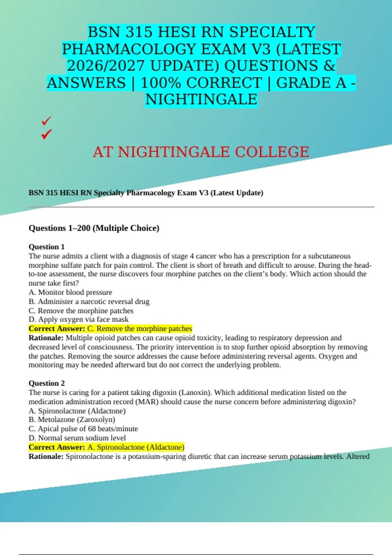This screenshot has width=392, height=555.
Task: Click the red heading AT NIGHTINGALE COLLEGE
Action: click(201, 152)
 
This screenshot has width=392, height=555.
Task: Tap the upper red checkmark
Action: click(46, 121)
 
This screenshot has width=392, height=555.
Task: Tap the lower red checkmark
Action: click(46, 134)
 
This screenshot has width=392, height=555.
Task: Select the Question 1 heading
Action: click(47, 247)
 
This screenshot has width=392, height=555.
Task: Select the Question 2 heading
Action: click(47, 383)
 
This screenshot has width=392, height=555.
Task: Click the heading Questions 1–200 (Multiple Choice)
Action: click(94, 228)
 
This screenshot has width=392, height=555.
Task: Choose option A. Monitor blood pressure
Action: click(70, 292)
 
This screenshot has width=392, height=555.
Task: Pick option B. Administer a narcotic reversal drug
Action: click(89, 301)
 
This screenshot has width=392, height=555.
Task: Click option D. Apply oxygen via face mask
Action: click(78, 319)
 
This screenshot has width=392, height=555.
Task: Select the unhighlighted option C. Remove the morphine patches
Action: click(81, 310)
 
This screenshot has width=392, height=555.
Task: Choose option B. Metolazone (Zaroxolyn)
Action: click(72, 420)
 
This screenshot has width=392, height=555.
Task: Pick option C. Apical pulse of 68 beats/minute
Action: click(83, 429)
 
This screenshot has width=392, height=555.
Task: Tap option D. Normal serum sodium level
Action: click(77, 438)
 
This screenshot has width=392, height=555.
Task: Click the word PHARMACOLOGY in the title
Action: click(129, 49)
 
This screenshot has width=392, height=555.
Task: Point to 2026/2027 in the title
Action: click(106, 66)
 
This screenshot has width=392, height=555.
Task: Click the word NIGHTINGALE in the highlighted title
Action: click(201, 100)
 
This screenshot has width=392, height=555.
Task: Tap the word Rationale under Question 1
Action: click(46, 338)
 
